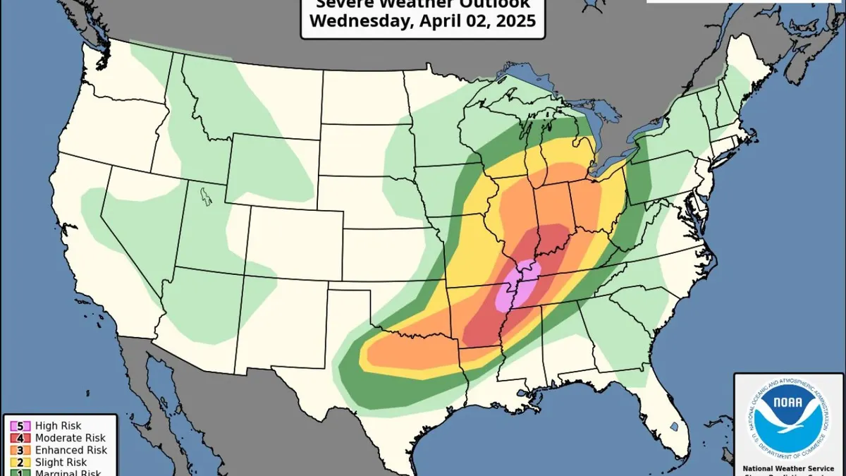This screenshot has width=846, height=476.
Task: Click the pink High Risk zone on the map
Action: (519, 284)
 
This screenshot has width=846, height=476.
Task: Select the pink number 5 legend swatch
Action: (15, 426)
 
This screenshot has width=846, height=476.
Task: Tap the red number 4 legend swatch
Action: (15, 438)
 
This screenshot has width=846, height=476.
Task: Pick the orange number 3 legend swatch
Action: (15, 450)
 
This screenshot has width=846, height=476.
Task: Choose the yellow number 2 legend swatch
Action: (15, 462)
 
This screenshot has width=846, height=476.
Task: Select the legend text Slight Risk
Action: (57, 462)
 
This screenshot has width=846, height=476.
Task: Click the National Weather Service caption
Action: (789, 468)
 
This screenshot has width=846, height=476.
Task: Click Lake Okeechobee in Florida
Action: (674, 427)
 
